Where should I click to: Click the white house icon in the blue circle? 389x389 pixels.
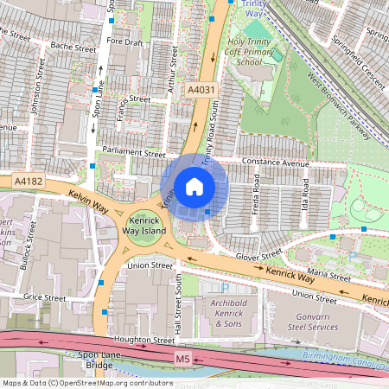pyautogui.click(x=194, y=186)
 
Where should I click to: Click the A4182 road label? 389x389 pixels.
pyautogui.click(x=28, y=181)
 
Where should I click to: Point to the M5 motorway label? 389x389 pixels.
pyautogui.click(x=182, y=357)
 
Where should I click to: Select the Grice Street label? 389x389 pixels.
pyautogui.click(x=45, y=297)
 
